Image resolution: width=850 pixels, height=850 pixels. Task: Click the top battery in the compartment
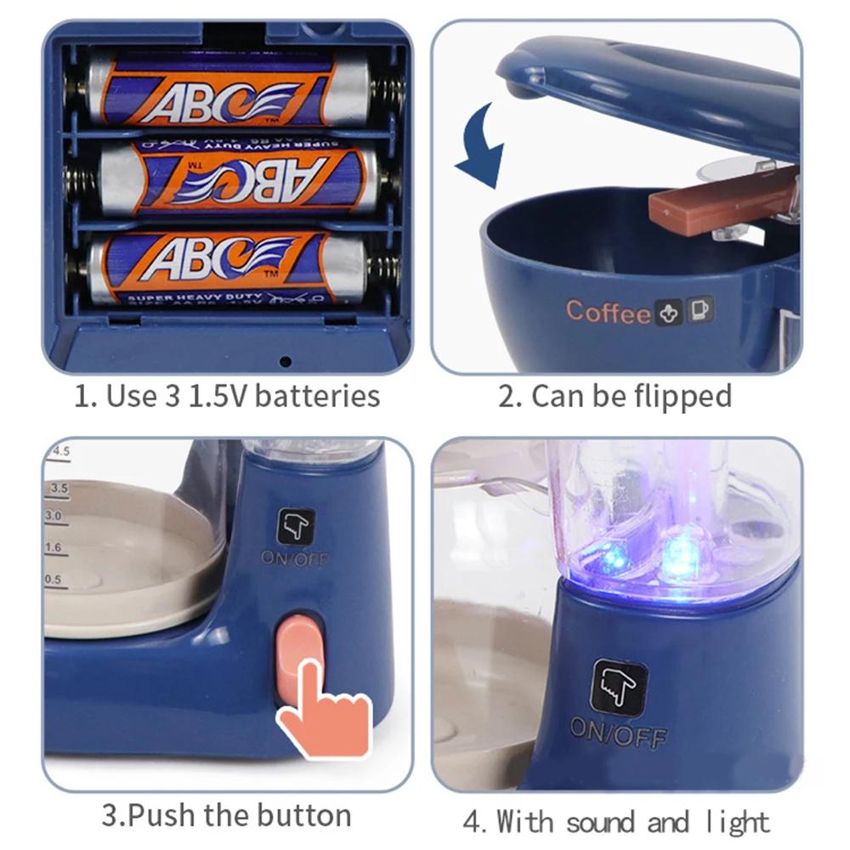tap(229, 88)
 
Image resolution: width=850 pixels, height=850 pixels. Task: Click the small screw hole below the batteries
tap(285, 361)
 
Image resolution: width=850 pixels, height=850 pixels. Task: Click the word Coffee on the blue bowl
tap(608, 312)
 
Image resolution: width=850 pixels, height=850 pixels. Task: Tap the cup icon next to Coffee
tap(702, 309)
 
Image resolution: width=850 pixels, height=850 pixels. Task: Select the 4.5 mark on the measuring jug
tap(60, 451)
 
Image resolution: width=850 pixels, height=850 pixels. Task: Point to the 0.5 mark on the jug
tap(54, 580)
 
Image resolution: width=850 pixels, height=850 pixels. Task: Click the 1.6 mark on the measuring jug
tap(54, 548)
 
